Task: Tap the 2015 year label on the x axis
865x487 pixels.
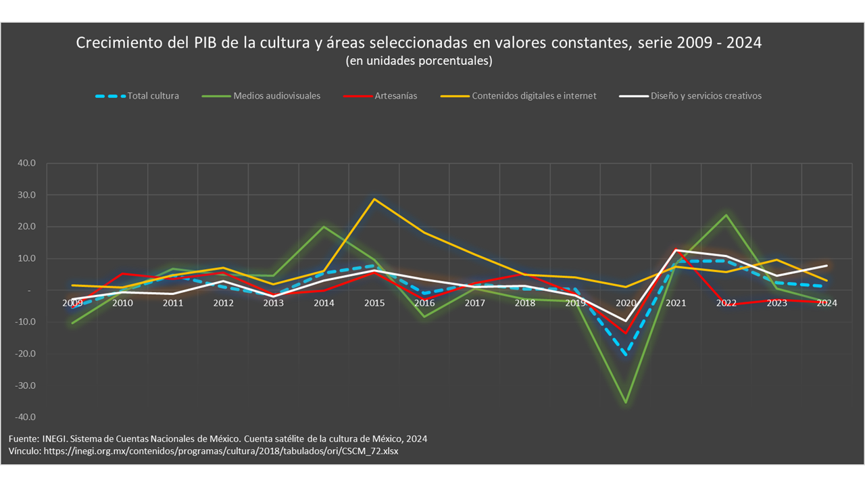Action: click(x=374, y=303)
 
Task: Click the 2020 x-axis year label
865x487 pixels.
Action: click(x=626, y=303)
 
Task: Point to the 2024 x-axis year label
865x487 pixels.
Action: click(x=826, y=303)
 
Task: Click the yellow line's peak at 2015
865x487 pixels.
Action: click(x=374, y=199)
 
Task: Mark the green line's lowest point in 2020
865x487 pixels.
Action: click(x=626, y=402)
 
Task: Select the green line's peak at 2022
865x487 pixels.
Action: click(x=726, y=215)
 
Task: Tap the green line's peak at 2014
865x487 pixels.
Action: click(x=324, y=227)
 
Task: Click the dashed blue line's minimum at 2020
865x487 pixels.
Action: click(x=626, y=354)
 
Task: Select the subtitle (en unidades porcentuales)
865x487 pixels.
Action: click(x=418, y=61)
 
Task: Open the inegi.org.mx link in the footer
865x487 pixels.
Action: click(x=221, y=451)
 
